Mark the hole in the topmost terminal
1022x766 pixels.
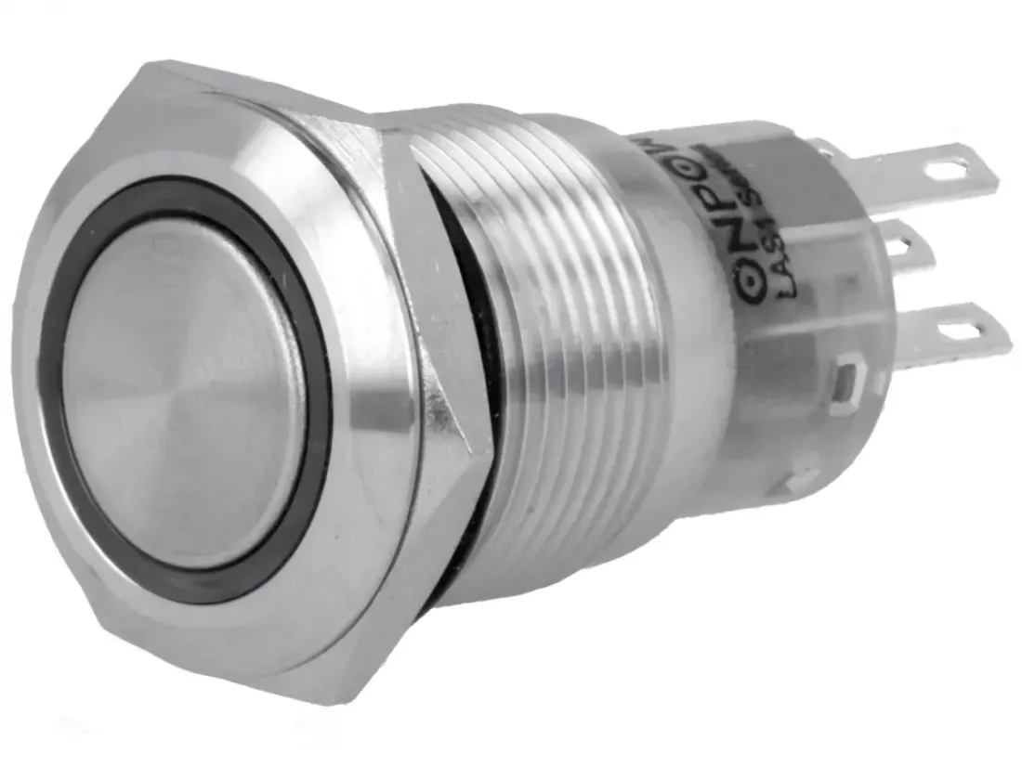click(948, 170)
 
